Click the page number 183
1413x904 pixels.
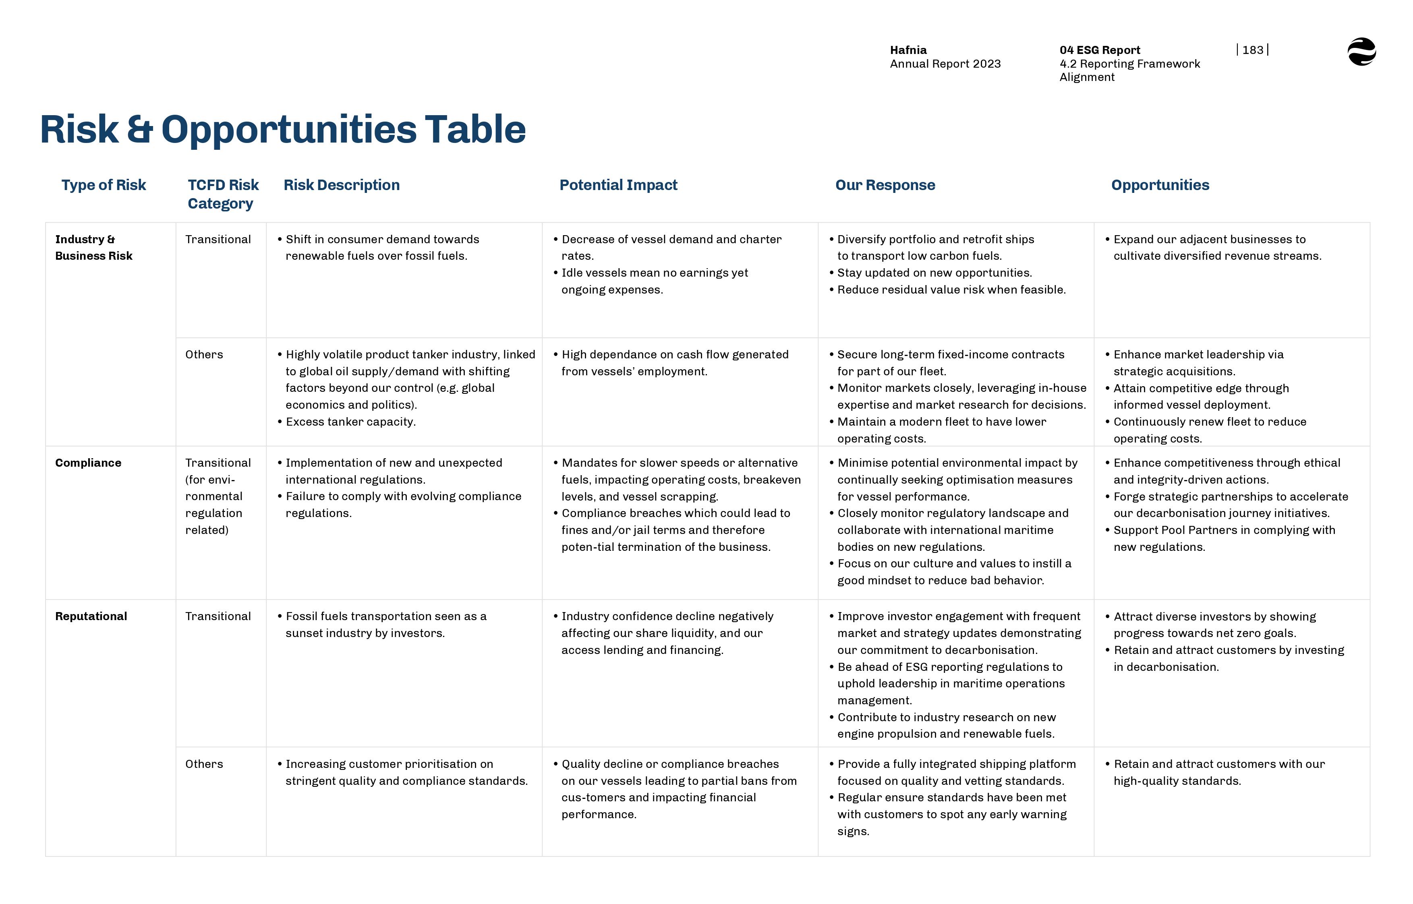[1252, 50]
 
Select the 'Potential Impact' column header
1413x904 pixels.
[618, 185]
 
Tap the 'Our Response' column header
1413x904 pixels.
[885, 185]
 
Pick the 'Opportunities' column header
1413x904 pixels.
[1160, 185]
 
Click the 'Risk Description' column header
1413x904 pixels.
[341, 185]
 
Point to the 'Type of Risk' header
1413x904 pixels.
[104, 185]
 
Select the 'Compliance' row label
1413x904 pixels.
[88, 463]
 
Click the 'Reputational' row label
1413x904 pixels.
[91, 616]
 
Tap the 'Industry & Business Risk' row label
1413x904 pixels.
[93, 247]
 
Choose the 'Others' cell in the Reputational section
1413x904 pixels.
[204, 764]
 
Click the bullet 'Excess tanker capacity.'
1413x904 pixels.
[350, 422]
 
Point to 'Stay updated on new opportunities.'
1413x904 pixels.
[934, 272]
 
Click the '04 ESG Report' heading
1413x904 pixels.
[1100, 50]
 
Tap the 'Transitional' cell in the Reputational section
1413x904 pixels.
[218, 616]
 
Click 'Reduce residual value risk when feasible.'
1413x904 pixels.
[951, 290]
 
